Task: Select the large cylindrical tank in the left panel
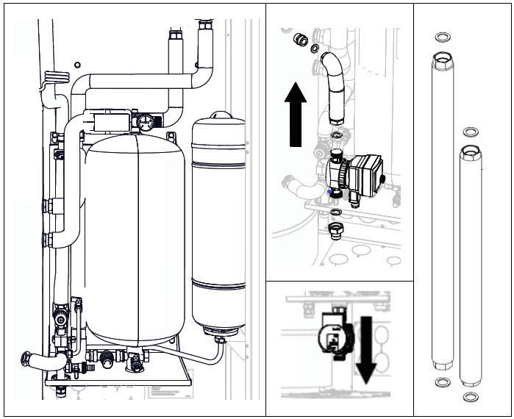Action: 135,235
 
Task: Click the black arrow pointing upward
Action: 296,114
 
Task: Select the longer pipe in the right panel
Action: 443,213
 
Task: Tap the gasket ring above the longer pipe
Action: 443,37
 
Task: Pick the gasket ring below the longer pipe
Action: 443,382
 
